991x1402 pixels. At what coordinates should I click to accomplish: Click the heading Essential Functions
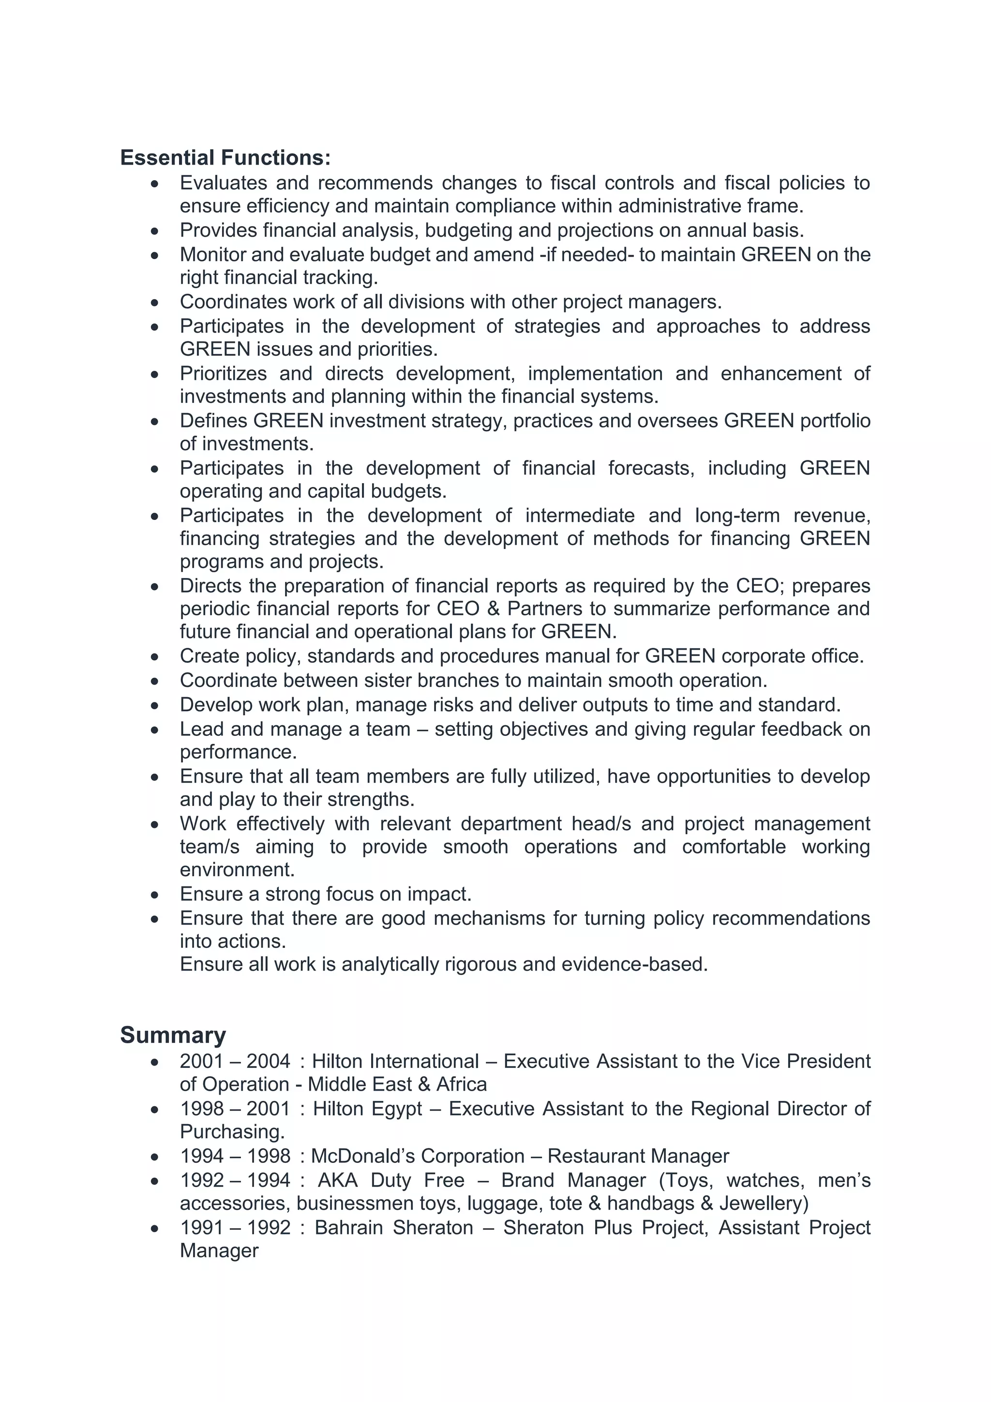click(x=225, y=157)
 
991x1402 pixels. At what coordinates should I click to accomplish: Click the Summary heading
click(x=173, y=1035)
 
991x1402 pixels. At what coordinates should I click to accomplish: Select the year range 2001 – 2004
click(x=235, y=1061)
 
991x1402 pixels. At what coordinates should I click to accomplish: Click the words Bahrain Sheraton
click(x=393, y=1227)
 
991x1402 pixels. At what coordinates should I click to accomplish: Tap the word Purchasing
click(x=232, y=1131)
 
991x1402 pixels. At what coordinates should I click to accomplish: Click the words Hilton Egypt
click(x=367, y=1108)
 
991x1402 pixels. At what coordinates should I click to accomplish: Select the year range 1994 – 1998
click(x=235, y=1156)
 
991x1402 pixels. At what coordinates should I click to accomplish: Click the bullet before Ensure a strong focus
click(x=155, y=895)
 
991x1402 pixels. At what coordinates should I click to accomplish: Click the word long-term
click(x=737, y=516)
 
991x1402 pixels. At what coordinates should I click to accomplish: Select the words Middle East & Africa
click(x=397, y=1084)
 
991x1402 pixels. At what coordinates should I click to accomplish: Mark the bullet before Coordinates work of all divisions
click(x=155, y=302)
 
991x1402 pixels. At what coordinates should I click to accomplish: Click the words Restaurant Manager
click(x=638, y=1156)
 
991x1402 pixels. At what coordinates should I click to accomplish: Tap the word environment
click(x=237, y=869)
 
